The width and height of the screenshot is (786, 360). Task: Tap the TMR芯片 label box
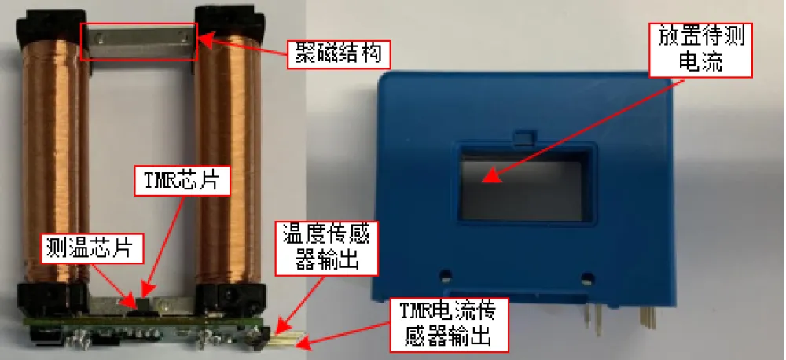click(182, 180)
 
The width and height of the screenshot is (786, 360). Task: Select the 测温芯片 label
click(94, 248)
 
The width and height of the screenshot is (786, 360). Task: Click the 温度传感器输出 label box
click(329, 247)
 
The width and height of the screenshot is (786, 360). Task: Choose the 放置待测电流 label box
click(700, 50)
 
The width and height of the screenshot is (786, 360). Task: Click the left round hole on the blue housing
click(445, 275)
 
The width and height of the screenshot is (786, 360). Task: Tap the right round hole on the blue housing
click(587, 277)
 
